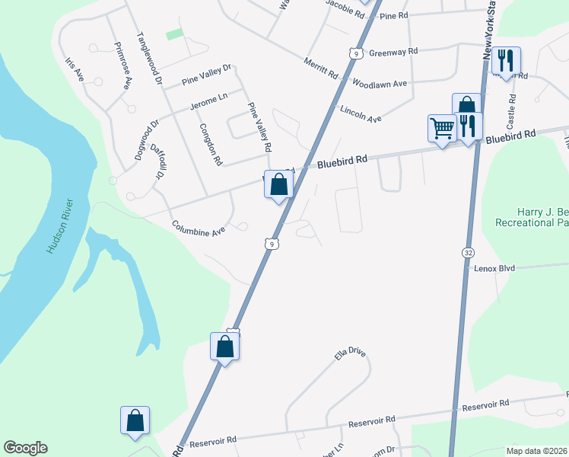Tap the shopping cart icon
pyautogui.click(x=441, y=128)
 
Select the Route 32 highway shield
pyautogui.click(x=467, y=251)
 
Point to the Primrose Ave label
pyautogui.click(x=123, y=66)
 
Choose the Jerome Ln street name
pyautogui.click(x=208, y=101)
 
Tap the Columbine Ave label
pyautogui.click(x=199, y=228)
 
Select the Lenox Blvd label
pyautogui.click(x=494, y=269)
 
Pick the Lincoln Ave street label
pyautogui.click(x=361, y=114)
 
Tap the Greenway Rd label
pyautogui.click(x=393, y=52)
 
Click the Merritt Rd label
pyautogui.click(x=320, y=69)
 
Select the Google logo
pyautogui.click(x=25, y=448)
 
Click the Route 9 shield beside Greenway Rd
pyautogui.click(x=355, y=53)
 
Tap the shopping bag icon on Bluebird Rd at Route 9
pyautogui.click(x=279, y=184)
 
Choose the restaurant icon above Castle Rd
pyautogui.click(x=506, y=61)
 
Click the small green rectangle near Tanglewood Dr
pyautogui.click(x=175, y=34)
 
